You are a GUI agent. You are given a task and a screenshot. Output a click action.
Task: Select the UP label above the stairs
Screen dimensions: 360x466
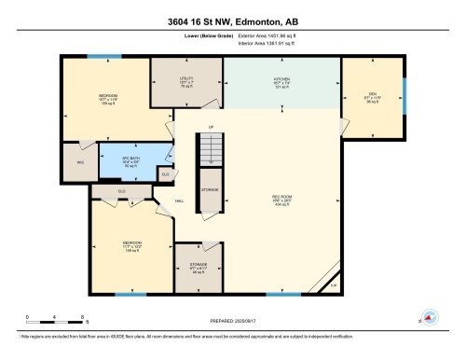(211, 126)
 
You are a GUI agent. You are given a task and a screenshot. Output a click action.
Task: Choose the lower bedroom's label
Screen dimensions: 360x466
(131, 247)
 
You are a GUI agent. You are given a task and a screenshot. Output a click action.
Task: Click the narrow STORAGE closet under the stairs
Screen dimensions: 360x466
(211, 188)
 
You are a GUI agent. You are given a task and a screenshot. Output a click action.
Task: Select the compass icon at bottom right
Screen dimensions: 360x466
(431, 317)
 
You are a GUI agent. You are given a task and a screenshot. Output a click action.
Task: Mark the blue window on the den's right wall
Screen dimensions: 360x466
(404, 92)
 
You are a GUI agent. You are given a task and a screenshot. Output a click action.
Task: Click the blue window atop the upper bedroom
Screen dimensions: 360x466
(98, 57)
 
